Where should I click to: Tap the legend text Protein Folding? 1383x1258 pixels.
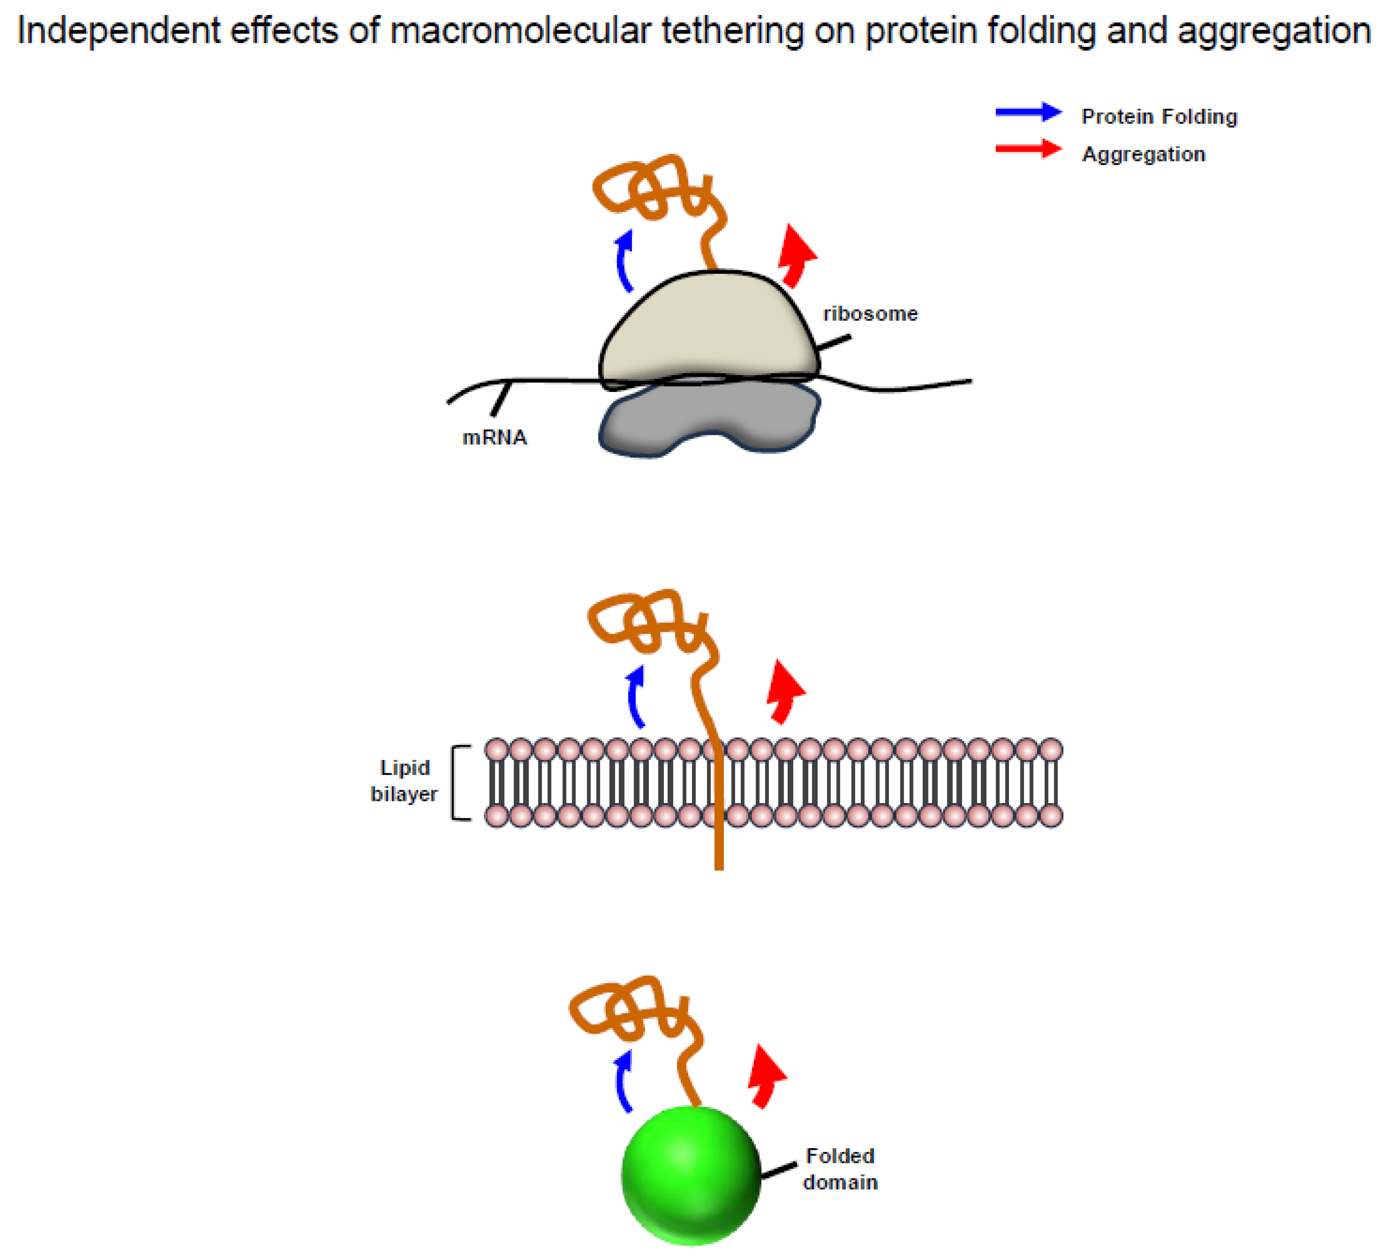pos(1159,117)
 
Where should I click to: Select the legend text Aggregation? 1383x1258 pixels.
pos(1143,154)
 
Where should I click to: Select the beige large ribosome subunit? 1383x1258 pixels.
pos(707,329)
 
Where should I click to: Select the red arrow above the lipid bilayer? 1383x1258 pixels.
pos(784,689)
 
